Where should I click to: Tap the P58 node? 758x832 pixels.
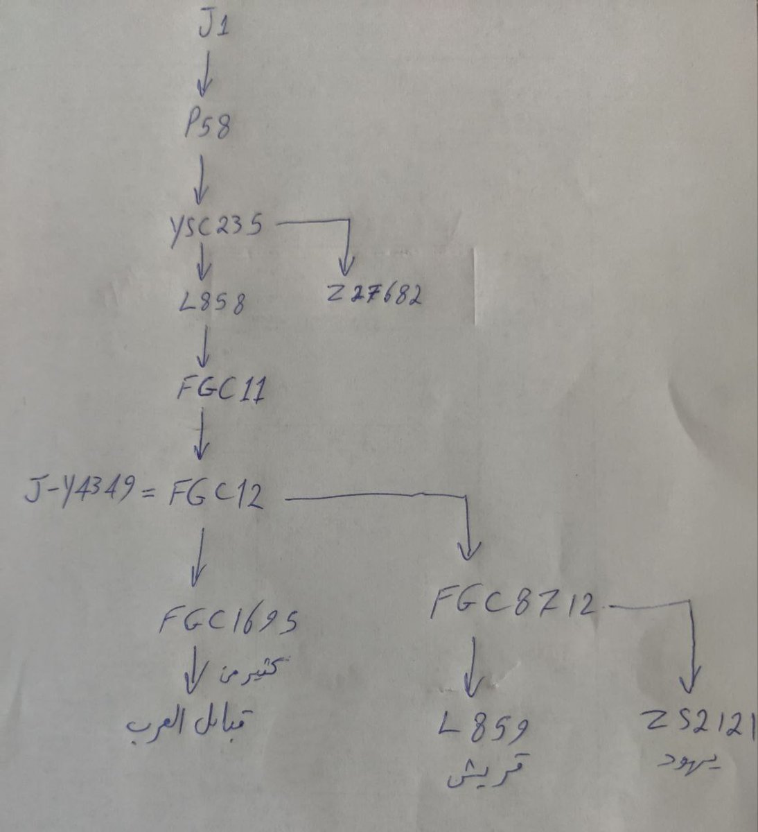pos(206,126)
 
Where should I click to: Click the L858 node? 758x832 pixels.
pos(211,304)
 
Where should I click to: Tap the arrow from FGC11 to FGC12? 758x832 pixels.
pos(201,440)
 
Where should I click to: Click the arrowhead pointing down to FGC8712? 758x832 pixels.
pos(470,551)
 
